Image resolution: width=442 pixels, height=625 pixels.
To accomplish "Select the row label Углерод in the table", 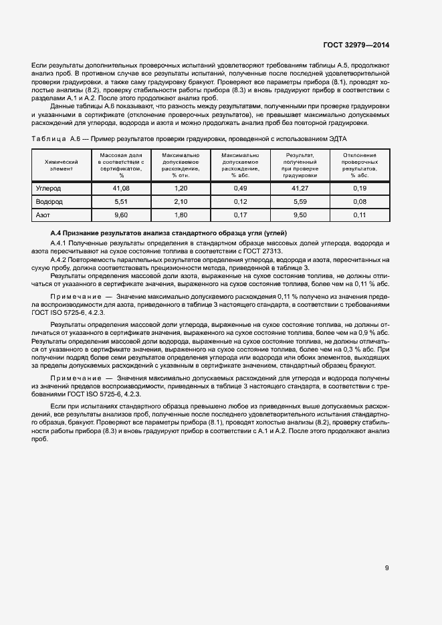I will [x=49, y=189].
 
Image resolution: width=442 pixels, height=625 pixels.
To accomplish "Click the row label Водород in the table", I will [x=49, y=202].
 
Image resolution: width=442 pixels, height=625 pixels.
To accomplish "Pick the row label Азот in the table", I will [x=43, y=215].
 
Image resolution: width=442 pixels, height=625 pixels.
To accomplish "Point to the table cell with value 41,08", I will [x=121, y=189].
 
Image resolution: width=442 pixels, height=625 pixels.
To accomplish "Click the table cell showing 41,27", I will [x=300, y=189].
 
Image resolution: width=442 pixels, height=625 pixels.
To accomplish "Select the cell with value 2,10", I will [x=181, y=202].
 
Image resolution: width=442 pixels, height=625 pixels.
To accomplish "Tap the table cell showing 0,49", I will [x=240, y=189].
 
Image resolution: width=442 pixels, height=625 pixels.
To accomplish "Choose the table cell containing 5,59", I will [x=300, y=202].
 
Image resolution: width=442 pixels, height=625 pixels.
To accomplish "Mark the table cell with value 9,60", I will [x=121, y=215].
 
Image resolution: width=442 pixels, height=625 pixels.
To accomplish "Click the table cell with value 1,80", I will [x=181, y=215].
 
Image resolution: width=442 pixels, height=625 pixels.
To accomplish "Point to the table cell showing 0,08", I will [x=359, y=202].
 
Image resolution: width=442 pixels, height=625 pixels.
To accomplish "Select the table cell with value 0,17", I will [x=240, y=215].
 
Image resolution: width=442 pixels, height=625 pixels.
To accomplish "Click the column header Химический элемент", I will [x=62, y=165].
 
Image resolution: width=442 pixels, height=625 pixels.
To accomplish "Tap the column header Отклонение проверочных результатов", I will [x=359, y=165].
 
